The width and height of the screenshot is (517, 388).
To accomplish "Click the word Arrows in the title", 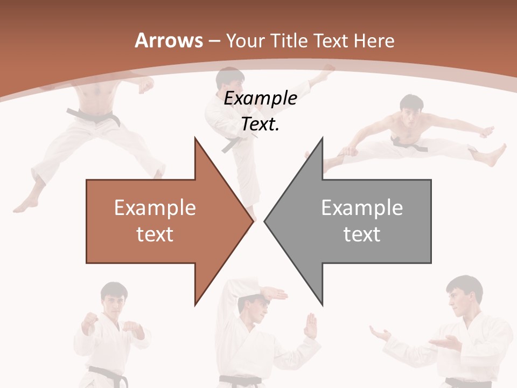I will (169, 40).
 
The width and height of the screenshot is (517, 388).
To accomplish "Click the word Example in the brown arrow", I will (155, 207).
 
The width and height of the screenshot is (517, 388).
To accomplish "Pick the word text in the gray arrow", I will (362, 234).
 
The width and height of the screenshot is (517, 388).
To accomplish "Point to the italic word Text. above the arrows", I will (260, 124).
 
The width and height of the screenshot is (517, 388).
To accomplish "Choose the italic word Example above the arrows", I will (260, 99).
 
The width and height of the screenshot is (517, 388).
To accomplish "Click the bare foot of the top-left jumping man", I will (24, 205).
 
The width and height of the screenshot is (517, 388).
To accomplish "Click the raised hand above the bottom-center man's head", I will (272, 294).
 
